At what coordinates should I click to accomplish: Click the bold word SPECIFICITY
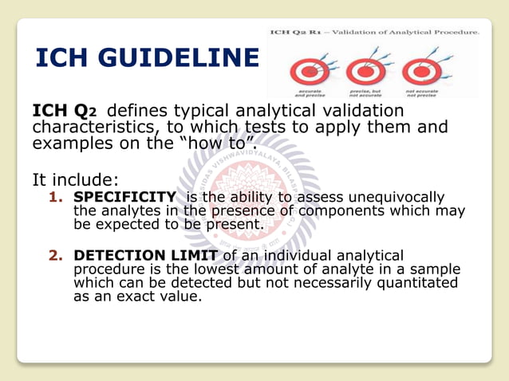point(124,197)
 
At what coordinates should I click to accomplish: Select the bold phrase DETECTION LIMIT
point(147,255)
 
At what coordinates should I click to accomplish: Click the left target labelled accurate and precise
point(305,71)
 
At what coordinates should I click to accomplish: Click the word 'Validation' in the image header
point(353,33)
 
